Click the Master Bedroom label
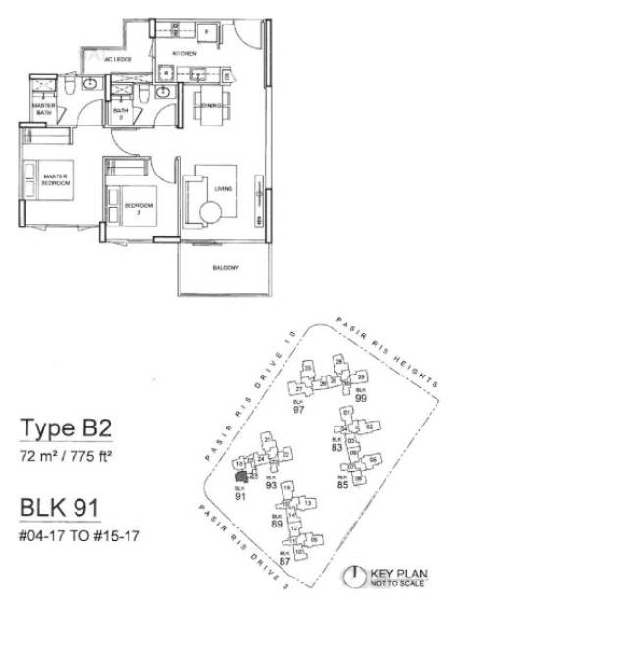coord(57,179)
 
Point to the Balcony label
coord(227,267)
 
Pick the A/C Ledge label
coord(118,59)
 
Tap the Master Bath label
coord(42,108)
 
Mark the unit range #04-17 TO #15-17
coord(78,537)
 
